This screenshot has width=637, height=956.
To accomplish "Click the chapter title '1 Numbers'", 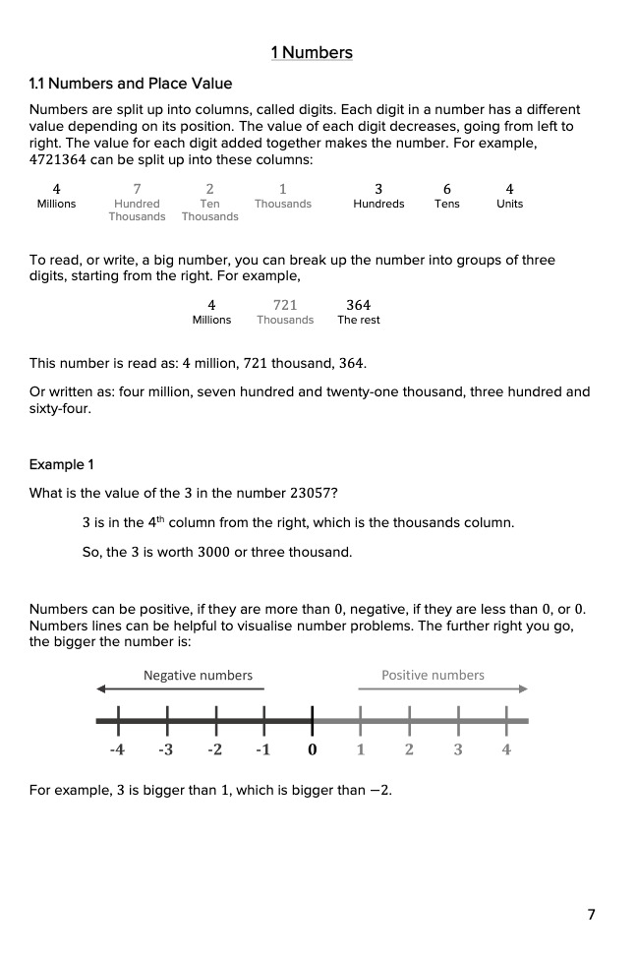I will [x=312, y=53].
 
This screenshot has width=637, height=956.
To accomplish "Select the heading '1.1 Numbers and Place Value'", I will [x=131, y=84].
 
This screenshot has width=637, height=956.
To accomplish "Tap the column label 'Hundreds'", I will [x=378, y=205].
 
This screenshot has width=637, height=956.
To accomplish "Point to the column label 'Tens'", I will [x=447, y=205].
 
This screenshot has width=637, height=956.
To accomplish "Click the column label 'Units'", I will [x=509, y=205].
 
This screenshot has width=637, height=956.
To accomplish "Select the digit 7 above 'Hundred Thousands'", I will [x=137, y=189].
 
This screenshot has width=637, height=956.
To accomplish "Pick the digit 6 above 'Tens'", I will [x=447, y=189].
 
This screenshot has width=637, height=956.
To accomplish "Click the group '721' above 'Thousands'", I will [x=285, y=305].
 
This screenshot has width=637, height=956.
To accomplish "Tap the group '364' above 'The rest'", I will [x=358, y=305].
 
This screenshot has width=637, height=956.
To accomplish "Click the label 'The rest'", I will [x=358, y=321].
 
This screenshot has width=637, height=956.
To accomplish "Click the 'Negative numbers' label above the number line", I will [x=198, y=676].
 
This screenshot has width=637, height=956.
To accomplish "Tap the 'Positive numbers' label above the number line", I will [x=433, y=676].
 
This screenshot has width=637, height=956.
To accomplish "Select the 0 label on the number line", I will [x=312, y=749].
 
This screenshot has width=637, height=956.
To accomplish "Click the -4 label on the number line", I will [x=117, y=749].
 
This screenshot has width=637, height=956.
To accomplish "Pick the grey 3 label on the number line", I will [x=458, y=749].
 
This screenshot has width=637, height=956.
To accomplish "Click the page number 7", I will [x=591, y=915].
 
